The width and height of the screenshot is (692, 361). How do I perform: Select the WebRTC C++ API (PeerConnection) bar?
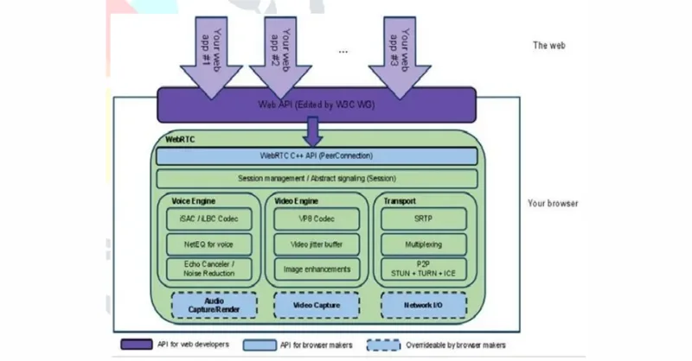point(317,156)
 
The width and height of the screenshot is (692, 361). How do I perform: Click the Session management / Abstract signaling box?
point(317,179)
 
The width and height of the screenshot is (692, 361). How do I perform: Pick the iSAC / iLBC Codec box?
point(209,219)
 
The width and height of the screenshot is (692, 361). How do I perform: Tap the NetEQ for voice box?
point(209,244)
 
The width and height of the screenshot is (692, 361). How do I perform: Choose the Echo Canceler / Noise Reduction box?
point(209,269)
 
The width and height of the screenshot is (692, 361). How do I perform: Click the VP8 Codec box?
point(317,219)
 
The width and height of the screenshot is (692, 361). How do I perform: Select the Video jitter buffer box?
point(317,244)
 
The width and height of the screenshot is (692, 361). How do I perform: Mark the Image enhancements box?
point(317,269)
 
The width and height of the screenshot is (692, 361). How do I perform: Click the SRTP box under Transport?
point(424,219)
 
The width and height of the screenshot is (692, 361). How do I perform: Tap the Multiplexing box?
point(424,244)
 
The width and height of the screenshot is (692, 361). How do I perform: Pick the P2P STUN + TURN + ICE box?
point(424,269)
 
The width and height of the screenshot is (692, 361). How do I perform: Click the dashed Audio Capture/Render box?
point(209,305)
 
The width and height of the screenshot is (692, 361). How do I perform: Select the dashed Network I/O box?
point(424,305)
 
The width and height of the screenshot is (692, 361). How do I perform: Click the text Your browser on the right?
point(553,204)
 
